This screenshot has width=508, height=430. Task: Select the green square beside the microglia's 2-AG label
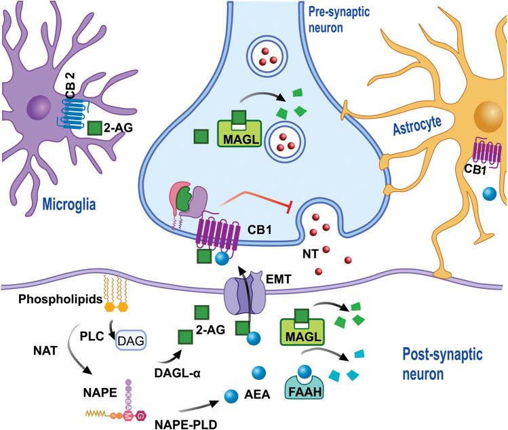click(x=98, y=126)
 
